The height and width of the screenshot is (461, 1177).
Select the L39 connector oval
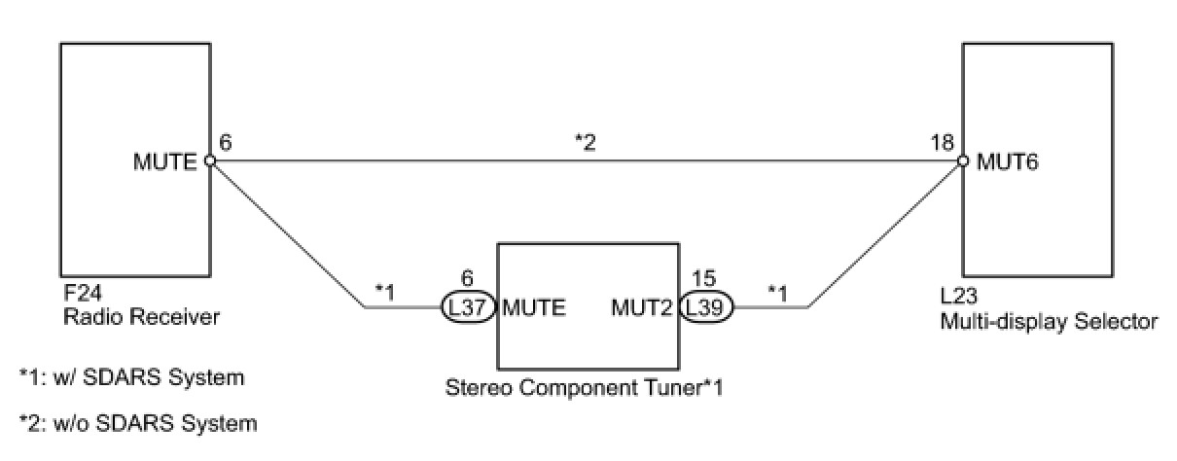point(706,308)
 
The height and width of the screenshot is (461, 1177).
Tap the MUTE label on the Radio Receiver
point(166,161)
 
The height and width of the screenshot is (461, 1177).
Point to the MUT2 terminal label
point(643,308)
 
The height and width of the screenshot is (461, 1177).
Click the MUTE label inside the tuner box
point(535,308)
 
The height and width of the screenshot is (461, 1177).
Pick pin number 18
point(943,142)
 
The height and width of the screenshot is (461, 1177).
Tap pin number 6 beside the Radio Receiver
point(226,142)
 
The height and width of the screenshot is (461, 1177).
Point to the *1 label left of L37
point(386,292)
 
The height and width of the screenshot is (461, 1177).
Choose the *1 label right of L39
point(779,292)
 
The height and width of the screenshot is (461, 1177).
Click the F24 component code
point(78,298)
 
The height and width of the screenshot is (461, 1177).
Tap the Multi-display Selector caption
point(1049,321)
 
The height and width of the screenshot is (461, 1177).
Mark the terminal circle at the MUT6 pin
point(963,161)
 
